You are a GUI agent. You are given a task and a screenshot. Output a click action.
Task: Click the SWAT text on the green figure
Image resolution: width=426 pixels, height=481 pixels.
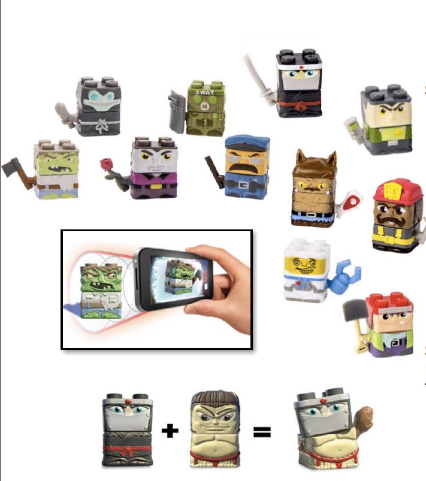(205, 92)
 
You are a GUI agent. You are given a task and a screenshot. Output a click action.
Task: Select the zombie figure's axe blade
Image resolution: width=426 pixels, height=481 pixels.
(11, 167)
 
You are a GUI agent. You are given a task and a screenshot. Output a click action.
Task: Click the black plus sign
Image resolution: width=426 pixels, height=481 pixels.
(170, 431)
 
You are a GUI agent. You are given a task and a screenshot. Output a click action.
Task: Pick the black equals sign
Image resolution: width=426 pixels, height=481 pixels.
(262, 432)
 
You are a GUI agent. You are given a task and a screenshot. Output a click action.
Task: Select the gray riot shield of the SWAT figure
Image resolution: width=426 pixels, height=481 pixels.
(177, 112)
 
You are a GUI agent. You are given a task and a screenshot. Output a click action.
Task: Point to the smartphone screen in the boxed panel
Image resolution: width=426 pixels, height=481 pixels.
(180, 279)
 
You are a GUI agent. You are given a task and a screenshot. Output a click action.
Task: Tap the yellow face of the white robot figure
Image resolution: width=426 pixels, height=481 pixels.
(304, 265)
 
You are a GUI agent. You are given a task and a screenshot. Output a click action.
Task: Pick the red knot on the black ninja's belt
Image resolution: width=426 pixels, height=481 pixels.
(298, 107)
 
